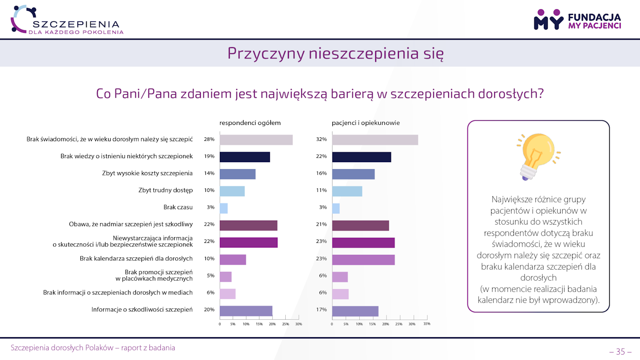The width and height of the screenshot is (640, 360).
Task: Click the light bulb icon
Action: (538, 155)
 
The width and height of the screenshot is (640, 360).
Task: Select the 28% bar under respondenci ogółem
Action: (256, 140)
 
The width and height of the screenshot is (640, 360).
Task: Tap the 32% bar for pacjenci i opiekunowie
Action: (375, 140)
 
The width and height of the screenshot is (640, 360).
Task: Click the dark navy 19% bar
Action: (245, 157)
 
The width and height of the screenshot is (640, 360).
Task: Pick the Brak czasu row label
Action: (178, 207)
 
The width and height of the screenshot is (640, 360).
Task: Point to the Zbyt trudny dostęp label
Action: (165, 190)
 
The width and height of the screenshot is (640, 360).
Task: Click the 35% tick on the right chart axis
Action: (426, 324)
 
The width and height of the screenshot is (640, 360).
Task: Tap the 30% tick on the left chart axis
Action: (298, 324)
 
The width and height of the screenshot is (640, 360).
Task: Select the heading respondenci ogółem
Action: (250, 123)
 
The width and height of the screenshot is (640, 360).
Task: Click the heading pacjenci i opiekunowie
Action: (366, 123)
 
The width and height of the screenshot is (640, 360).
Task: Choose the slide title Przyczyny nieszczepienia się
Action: (335, 54)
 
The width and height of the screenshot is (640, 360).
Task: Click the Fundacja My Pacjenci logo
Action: (577, 20)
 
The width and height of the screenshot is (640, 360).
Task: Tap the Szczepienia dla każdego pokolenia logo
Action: (67, 20)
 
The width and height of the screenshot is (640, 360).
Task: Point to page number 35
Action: (620, 352)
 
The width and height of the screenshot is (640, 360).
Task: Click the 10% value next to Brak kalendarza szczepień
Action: (209, 258)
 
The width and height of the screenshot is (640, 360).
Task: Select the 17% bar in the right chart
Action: (355, 311)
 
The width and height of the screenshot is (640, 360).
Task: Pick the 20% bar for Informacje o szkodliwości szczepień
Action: (246, 311)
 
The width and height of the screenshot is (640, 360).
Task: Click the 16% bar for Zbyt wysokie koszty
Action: (353, 174)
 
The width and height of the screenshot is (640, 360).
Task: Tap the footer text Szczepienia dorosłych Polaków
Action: (93, 348)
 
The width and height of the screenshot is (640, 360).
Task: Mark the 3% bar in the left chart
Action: (224, 208)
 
